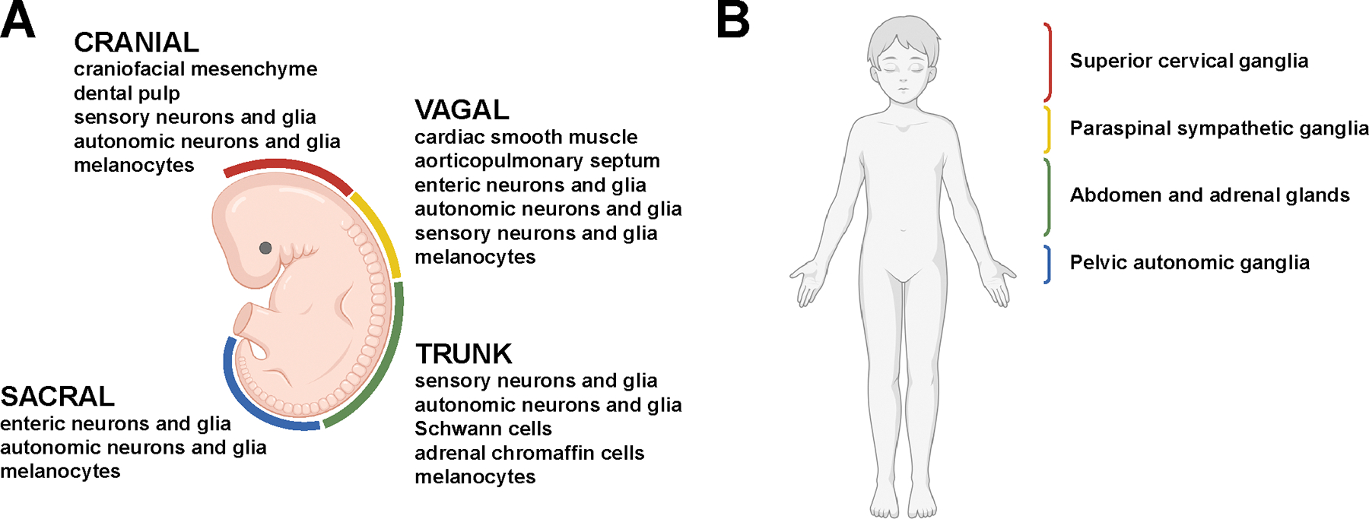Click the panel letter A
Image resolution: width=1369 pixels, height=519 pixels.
click(17, 21)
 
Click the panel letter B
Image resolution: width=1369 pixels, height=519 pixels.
click(733, 21)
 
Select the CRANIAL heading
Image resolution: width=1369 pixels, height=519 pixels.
click(136, 42)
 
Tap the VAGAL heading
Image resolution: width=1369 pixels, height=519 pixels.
click(462, 110)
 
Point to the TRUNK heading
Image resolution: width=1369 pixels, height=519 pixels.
click(464, 354)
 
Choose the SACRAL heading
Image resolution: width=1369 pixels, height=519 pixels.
click(58, 397)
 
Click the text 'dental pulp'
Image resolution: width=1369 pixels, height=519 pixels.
click(127, 93)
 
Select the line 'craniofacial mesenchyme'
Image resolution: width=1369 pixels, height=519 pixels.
click(195, 69)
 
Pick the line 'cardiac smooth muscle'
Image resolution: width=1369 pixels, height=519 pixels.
click(526, 138)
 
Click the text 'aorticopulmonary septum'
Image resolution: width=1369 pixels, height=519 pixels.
click(537, 161)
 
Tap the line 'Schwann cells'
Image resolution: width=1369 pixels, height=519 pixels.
click(483, 429)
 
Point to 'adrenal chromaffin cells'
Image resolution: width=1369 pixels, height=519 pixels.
click(529, 454)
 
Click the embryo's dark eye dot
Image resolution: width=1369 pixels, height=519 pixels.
click(265, 248)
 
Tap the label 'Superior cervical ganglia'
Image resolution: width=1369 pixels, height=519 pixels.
click(1189, 62)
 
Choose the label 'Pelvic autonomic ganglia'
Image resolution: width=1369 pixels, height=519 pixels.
click(1190, 263)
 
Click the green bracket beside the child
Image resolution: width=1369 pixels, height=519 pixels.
click(1048, 196)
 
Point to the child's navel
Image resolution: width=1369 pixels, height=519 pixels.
click(903, 229)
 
